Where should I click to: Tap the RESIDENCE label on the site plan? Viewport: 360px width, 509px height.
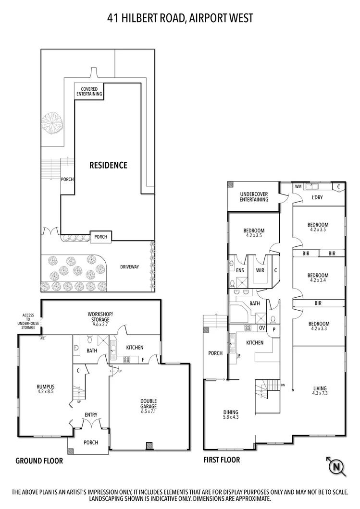pos(108,165)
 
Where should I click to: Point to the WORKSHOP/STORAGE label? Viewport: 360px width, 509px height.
pos(99,317)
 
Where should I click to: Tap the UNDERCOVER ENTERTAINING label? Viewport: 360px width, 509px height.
pos(254,197)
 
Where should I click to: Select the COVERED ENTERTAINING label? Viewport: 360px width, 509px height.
pos(89,91)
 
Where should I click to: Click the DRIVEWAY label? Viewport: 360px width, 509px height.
pos(129,267)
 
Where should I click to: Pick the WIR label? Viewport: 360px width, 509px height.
pos(260,270)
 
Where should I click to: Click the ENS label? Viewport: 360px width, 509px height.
pos(240,270)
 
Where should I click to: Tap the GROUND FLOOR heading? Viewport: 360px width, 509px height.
pos(39,461)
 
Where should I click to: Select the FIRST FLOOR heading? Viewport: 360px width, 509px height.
pos(222,460)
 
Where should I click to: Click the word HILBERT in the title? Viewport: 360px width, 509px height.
pos(144,18)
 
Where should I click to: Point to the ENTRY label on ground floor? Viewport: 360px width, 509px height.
pos(91,414)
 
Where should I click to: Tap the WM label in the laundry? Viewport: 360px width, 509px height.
pos(298,186)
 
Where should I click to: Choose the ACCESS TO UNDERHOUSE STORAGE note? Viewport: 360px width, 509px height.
pos(28,322)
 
